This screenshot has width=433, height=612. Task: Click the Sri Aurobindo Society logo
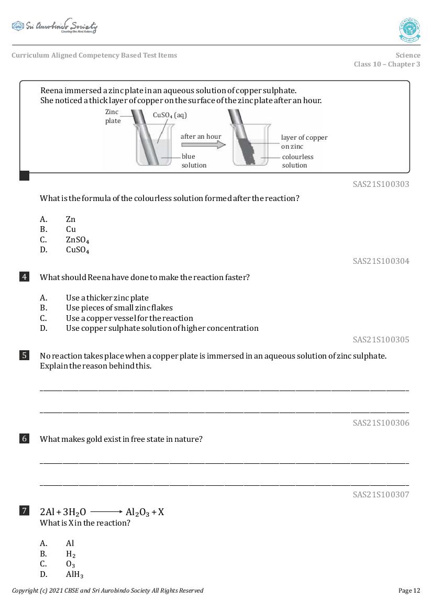(54, 26)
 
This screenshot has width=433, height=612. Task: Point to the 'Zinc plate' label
(113, 116)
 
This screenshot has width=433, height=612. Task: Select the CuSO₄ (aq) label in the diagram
(170, 115)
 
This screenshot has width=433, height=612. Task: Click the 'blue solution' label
(194, 161)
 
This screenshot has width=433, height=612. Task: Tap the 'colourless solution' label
(297, 161)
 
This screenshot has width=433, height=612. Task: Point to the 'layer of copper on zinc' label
(304, 142)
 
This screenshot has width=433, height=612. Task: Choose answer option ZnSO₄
(77, 240)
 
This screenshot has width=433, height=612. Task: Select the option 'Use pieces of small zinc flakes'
(119, 308)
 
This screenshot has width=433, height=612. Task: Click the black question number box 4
(24, 277)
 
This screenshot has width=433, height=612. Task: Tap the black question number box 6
(24, 439)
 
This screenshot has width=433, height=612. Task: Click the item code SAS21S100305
(381, 339)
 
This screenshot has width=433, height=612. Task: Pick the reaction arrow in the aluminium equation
(106, 512)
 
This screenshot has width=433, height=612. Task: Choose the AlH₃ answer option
(75, 574)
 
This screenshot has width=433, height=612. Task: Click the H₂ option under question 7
(71, 554)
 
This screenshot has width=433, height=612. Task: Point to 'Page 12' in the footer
(409, 591)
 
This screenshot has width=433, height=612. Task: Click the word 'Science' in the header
(408, 55)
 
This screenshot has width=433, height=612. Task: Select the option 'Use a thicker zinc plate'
(107, 297)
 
